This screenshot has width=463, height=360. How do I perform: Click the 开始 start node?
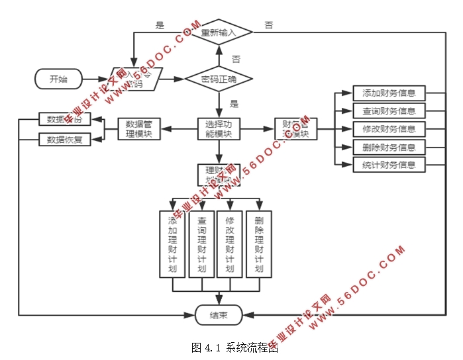(58, 79)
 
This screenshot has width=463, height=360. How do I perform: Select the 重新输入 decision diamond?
(219, 32)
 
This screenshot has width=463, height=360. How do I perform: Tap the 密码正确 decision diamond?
(219, 80)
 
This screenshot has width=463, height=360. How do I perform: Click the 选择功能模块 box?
(219, 128)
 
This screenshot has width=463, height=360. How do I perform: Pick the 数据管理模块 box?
(139, 128)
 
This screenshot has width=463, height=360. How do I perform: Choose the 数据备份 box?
(60, 120)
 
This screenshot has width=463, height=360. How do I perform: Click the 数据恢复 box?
(60, 139)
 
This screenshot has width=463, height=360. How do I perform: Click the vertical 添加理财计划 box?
(172, 244)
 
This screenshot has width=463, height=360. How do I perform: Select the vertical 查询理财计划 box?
(201, 244)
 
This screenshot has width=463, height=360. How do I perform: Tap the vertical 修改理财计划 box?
(230, 244)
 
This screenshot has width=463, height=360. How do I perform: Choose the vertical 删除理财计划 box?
(258, 244)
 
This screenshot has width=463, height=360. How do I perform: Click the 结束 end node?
(219, 315)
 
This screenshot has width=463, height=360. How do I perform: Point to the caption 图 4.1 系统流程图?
(234, 347)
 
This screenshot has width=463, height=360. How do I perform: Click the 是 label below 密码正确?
(234, 104)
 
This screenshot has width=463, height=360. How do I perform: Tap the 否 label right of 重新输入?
(269, 25)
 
